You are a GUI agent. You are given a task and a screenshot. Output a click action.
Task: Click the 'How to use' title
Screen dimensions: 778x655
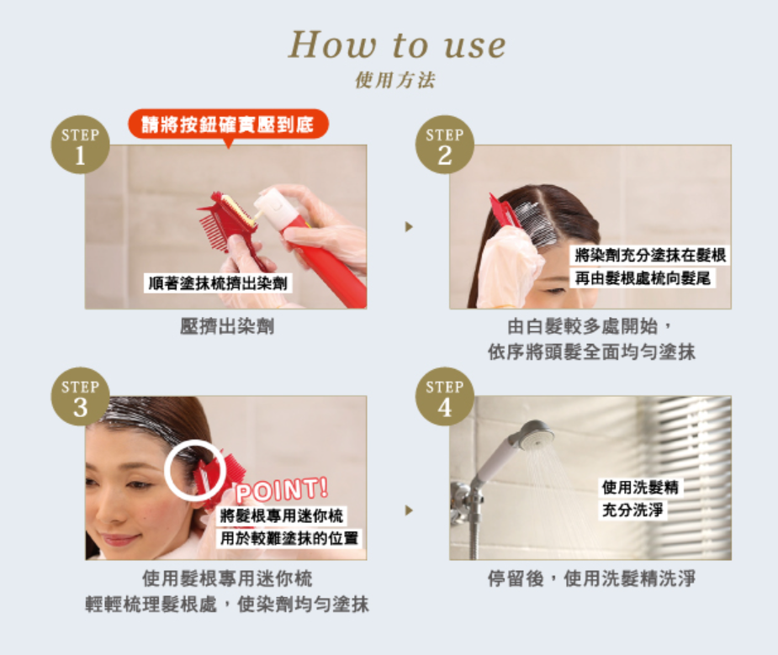pyautogui.click(x=397, y=45)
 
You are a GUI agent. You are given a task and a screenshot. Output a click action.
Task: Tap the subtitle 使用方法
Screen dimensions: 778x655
pyautogui.click(x=395, y=80)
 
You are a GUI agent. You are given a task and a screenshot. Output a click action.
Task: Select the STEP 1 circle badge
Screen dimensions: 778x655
pyautogui.click(x=81, y=145)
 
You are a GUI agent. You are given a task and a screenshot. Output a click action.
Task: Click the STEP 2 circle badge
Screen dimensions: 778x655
pyautogui.click(x=445, y=145)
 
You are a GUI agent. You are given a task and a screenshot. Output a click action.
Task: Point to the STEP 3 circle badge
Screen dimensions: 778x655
pyautogui.click(x=81, y=397)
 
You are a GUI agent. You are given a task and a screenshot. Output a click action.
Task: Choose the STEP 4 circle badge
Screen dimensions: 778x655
pyautogui.click(x=445, y=397)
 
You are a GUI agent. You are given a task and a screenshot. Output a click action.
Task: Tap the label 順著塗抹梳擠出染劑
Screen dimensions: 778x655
pyautogui.click(x=218, y=283)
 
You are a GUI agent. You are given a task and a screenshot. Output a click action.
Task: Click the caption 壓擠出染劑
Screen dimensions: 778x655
pyautogui.click(x=227, y=327)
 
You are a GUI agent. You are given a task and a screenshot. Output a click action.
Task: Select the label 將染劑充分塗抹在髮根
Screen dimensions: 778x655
pyautogui.click(x=649, y=256)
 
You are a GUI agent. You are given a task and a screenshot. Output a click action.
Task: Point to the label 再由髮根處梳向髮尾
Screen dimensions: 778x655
pyautogui.click(x=643, y=278)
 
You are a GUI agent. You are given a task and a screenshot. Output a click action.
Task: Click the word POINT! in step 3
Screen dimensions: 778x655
pyautogui.click(x=282, y=490)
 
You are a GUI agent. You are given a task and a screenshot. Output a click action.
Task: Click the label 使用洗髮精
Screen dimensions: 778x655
pyautogui.click(x=640, y=488)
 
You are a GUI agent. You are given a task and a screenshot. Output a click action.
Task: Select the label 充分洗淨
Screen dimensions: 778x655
pyautogui.click(x=632, y=510)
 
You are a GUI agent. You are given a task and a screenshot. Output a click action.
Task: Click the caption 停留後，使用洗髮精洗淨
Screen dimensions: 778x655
pyautogui.click(x=591, y=578)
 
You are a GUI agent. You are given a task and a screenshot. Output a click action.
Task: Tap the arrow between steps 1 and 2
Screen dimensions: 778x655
pyautogui.click(x=409, y=226)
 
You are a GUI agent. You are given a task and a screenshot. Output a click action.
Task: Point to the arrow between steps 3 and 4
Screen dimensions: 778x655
pyautogui.click(x=409, y=510)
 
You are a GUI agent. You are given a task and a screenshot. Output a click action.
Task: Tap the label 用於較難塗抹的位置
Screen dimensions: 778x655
pyautogui.click(x=289, y=538)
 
